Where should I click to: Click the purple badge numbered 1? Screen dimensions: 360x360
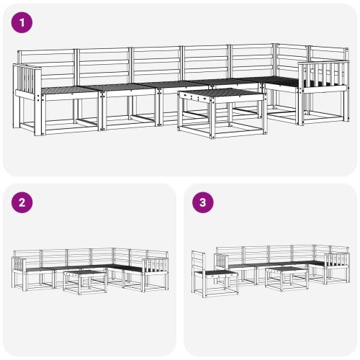23,23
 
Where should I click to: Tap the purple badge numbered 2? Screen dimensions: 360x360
23,202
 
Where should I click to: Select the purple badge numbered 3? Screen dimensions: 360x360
203,202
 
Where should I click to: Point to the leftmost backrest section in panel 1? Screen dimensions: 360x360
46,66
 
